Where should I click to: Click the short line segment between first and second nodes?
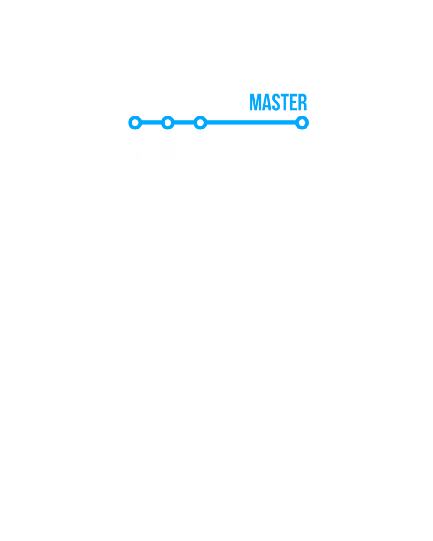click(x=152, y=122)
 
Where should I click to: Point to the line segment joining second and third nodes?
click(x=184, y=122)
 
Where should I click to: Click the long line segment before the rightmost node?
click(x=251, y=122)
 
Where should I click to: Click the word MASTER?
click(x=278, y=102)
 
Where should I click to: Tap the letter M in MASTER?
click(x=255, y=102)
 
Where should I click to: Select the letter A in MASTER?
click(x=267, y=102)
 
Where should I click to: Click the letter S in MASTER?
click(x=276, y=102)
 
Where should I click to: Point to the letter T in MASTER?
click(x=284, y=102)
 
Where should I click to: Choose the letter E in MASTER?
click(x=294, y=102)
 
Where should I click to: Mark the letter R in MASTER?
click(x=303, y=102)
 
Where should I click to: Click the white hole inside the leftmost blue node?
click(x=135, y=122)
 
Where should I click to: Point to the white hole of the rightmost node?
click(x=302, y=122)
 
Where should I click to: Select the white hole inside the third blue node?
click(x=200, y=122)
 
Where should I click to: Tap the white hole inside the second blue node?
click(x=168, y=122)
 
